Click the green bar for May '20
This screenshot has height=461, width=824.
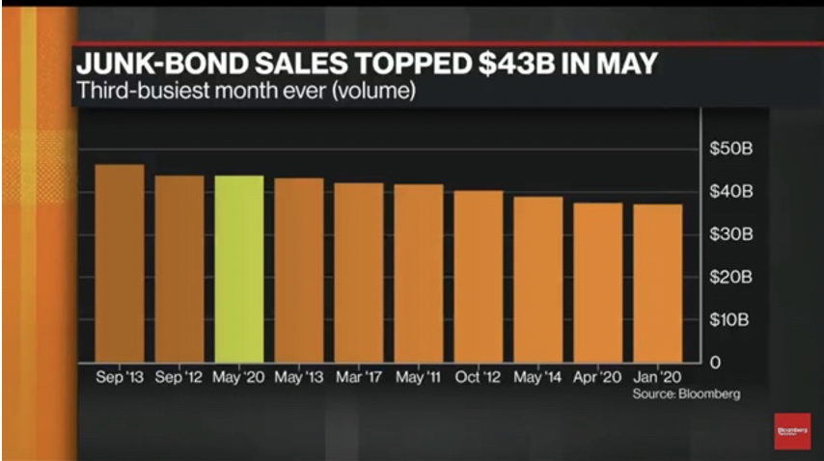239,267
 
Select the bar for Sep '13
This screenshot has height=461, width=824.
120,262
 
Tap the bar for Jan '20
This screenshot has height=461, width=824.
658,282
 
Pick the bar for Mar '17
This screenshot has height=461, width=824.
359,271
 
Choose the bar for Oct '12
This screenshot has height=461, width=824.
479,275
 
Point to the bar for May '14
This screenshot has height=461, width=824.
538,278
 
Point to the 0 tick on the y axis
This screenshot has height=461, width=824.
716,362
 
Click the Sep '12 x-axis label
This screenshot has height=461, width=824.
179,377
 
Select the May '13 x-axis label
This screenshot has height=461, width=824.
299,377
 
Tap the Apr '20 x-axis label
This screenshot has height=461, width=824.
598,377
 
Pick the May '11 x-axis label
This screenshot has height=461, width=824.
419,377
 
